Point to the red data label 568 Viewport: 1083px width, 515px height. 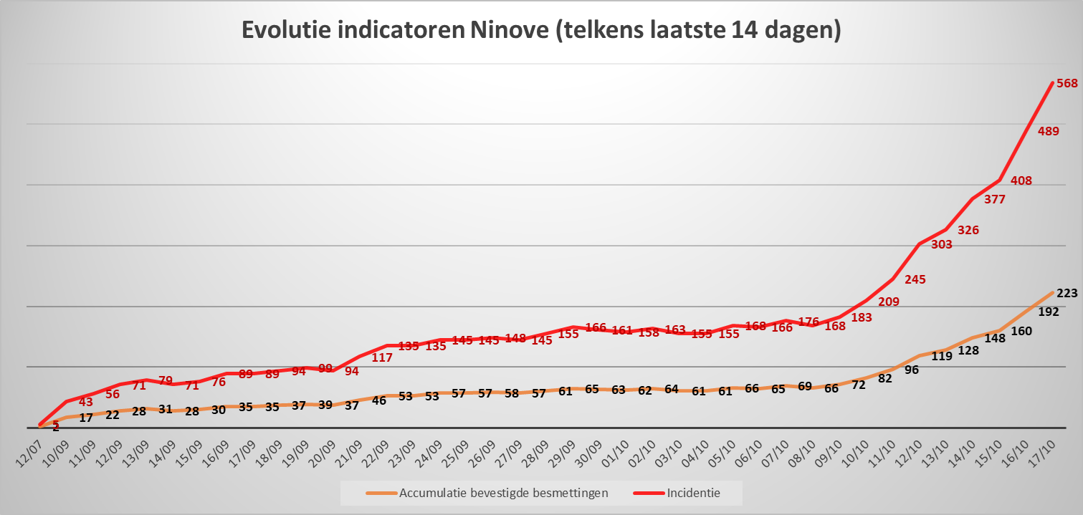(1067, 84)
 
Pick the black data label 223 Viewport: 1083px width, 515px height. (1067, 293)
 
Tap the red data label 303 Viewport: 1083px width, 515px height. (941, 245)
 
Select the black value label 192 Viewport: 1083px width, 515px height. (1048, 312)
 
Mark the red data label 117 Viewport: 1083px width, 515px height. (382, 357)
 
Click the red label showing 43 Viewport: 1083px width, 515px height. (85, 403)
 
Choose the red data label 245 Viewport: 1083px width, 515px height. (915, 280)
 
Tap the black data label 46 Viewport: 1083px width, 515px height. (378, 401)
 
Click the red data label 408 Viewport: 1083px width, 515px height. (1021, 181)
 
